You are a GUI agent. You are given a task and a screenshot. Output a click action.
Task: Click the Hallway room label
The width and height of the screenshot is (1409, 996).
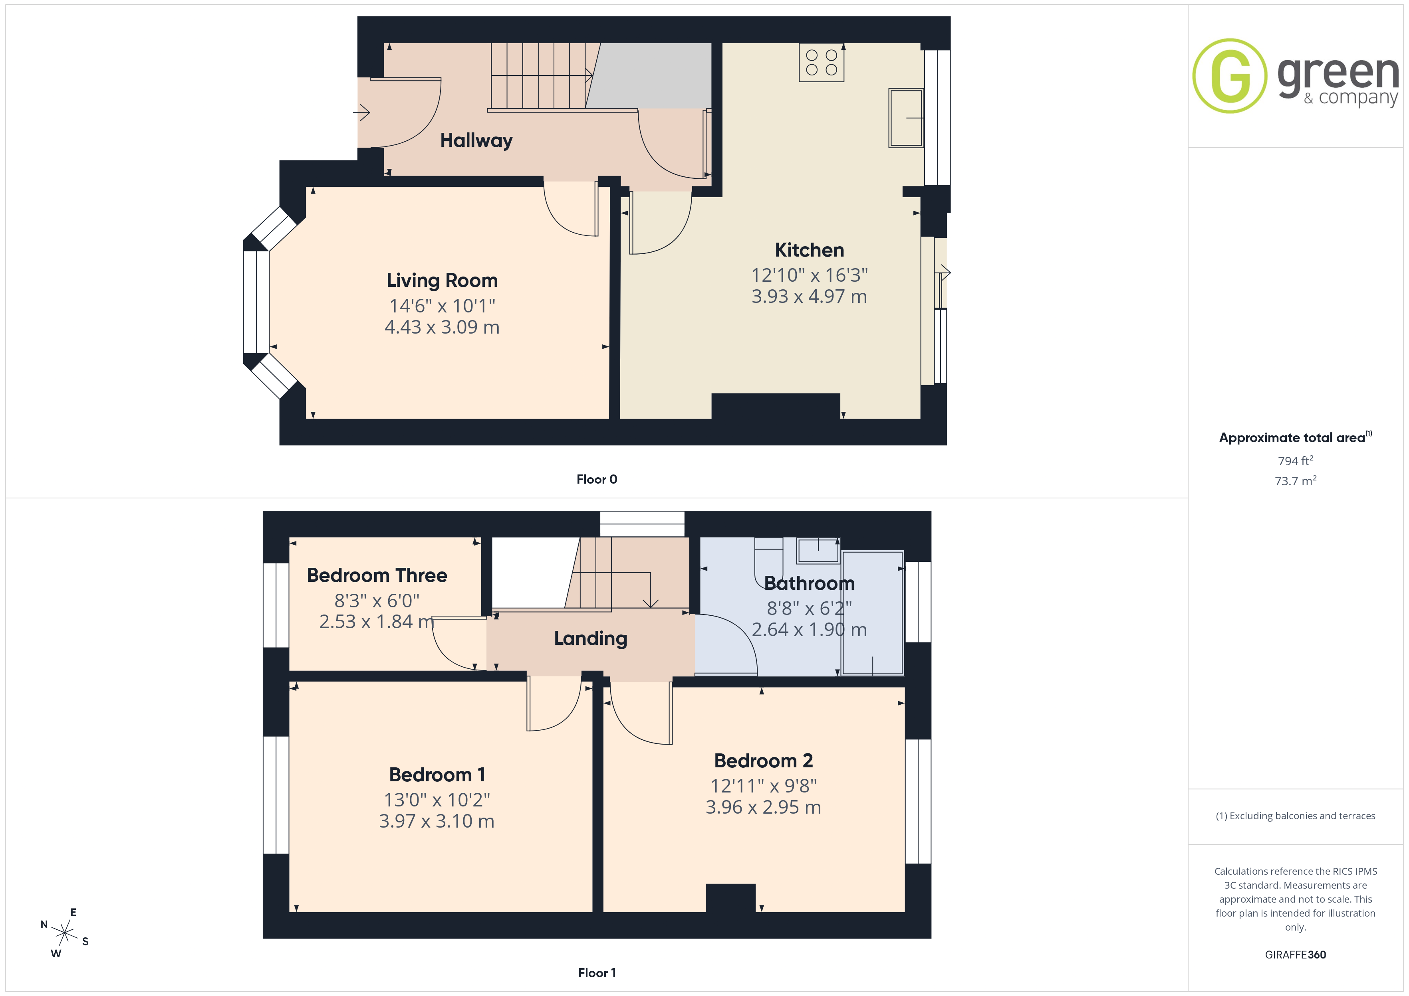(x=476, y=140)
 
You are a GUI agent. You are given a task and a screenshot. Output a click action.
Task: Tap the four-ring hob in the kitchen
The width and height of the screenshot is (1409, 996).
(x=821, y=63)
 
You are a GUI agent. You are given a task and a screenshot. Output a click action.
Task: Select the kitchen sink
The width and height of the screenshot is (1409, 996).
(x=906, y=118)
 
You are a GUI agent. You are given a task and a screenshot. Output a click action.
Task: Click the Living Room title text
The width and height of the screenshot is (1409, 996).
(x=442, y=280)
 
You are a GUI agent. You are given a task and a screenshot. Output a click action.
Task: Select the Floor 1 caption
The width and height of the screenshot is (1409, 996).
(x=597, y=973)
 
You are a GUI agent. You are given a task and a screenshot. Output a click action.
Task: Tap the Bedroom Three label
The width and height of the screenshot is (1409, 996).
(x=377, y=575)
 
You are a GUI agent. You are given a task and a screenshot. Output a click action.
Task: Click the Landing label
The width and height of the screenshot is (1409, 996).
(x=590, y=638)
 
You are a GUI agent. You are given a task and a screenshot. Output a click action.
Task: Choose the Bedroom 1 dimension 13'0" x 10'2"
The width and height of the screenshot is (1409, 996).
(x=437, y=800)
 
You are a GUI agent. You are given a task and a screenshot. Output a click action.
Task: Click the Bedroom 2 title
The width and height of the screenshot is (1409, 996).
(x=764, y=761)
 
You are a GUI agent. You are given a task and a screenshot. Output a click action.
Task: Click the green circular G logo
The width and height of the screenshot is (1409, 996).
(x=1230, y=76)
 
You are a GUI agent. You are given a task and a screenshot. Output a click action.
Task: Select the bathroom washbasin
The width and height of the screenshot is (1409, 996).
(x=818, y=550)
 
